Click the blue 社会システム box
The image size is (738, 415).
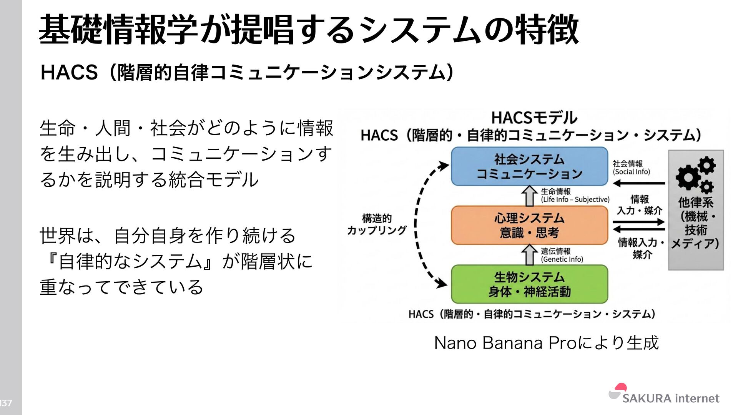pos(529,166)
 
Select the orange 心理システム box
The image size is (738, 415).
pos(529,225)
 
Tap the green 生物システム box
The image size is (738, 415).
pos(529,284)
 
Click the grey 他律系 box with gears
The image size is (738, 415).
pos(696,210)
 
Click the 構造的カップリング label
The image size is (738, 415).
pos(376,224)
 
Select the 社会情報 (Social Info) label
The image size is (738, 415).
pos(631,168)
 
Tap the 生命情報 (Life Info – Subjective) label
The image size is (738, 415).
pos(575,195)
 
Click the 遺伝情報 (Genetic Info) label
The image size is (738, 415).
pos(562,255)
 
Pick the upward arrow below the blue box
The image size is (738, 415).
pos(529,196)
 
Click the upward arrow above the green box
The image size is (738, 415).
pos(529,255)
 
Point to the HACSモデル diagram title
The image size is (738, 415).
pos(534,118)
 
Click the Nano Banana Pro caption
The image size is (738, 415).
pos(546,343)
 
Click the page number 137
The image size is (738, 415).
pos(6,403)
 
